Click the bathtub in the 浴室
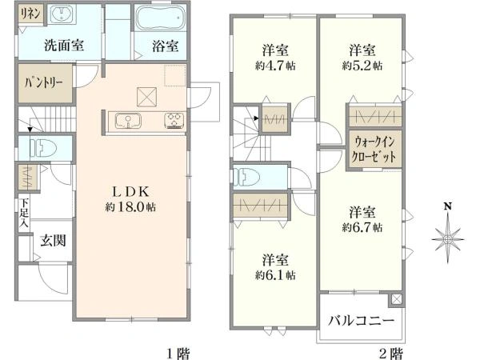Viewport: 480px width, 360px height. click(x=160, y=18)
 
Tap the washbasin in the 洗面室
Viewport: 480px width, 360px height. click(x=62, y=14)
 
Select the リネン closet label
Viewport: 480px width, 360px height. click(x=30, y=14)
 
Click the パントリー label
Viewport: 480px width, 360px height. click(x=43, y=83)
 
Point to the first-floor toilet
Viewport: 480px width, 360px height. click(x=43, y=148)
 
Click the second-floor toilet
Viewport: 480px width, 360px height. click(x=246, y=177)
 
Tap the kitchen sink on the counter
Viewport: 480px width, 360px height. click(x=128, y=121)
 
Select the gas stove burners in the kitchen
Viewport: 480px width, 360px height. click(x=174, y=121)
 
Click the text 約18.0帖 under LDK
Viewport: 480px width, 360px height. click(x=130, y=207)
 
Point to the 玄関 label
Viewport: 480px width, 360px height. click(x=54, y=241)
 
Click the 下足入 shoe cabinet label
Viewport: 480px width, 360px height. click(x=23, y=213)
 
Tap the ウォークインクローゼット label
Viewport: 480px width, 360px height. click(x=374, y=150)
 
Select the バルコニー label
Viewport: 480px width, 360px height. click(x=362, y=321)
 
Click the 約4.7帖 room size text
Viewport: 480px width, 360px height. click(x=275, y=66)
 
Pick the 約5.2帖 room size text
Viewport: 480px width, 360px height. click(x=362, y=66)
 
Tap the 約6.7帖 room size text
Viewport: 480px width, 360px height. click(x=362, y=227)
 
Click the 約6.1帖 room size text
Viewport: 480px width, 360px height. click(x=275, y=275)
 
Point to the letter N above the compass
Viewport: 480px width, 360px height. click(x=448, y=206)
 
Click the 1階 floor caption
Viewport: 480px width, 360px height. click(x=178, y=354)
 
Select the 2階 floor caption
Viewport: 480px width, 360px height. click(x=391, y=354)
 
